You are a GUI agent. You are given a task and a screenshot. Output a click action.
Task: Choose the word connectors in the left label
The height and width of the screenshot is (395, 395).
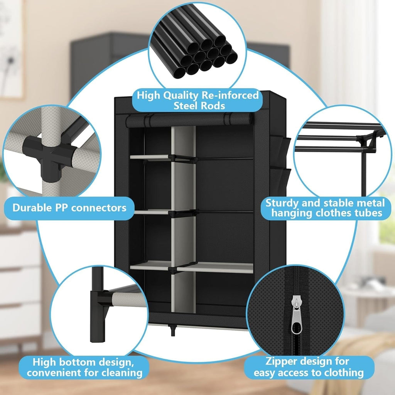[x=98, y=208]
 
